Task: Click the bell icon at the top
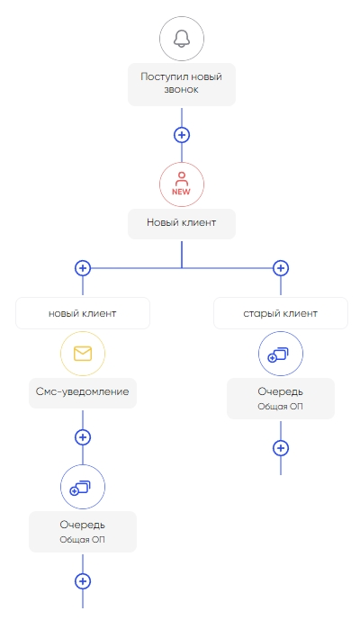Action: pos(182,39)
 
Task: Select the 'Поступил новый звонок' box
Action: pos(182,85)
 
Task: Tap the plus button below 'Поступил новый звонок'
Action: pos(182,135)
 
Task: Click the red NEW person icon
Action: pos(182,184)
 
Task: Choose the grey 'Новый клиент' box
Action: pos(182,223)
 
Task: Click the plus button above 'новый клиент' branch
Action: pos(83,268)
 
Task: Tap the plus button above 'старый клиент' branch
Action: pos(281,268)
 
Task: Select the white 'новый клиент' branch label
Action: pos(83,313)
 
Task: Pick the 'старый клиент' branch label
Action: pos(281,313)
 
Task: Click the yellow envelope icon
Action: pos(83,354)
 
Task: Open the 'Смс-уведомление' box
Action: pos(83,392)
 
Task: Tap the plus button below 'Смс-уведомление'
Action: pos(83,437)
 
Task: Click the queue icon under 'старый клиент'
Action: pos(281,354)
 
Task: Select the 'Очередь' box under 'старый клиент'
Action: pos(281,399)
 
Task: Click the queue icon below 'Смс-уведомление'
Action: pos(83,487)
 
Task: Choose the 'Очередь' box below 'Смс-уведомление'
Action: pos(83,532)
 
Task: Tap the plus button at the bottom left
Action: pos(83,581)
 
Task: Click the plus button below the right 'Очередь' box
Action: pos(281,448)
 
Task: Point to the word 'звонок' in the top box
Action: pos(181,89)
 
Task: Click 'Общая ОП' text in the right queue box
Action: pos(280,407)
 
